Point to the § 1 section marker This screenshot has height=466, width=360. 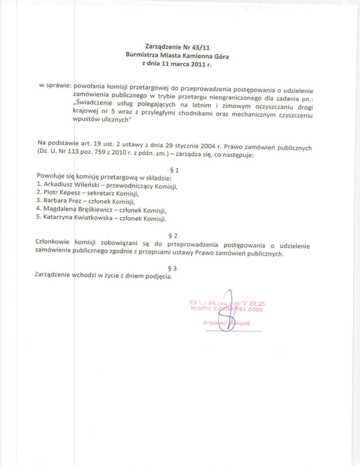177,171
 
